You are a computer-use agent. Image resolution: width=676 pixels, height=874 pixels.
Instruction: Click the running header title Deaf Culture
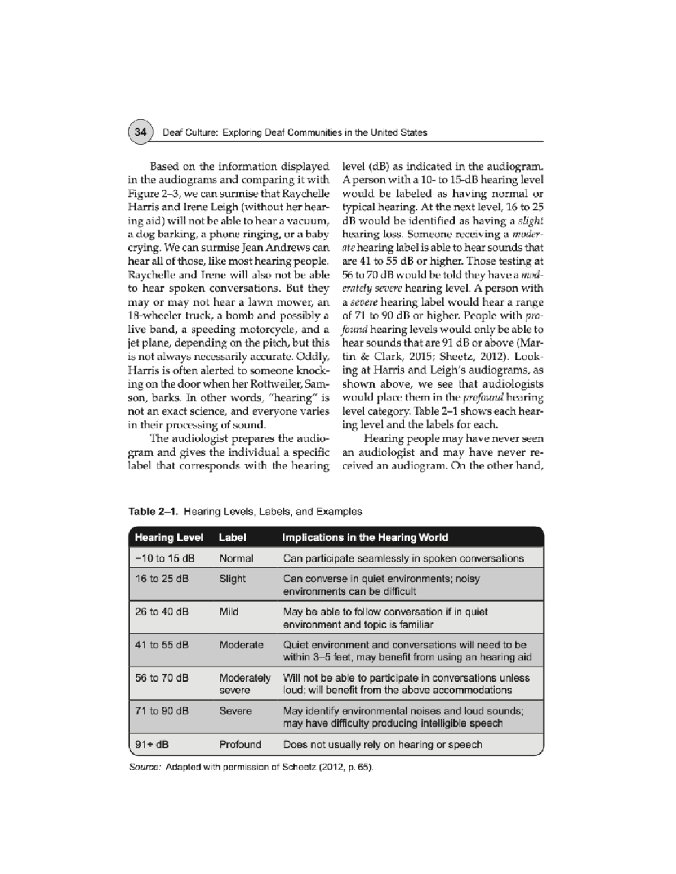(295, 133)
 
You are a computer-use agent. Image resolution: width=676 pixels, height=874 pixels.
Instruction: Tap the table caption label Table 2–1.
(153, 512)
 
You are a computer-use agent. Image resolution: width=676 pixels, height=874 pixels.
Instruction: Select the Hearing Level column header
(168, 537)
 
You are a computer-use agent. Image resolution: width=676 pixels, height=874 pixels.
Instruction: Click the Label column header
(232, 537)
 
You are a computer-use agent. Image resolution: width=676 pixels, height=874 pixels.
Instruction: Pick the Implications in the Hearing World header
(365, 537)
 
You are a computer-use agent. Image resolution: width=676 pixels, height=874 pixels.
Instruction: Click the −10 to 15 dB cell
(164, 558)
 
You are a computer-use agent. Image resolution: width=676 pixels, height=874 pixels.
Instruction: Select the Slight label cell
(232, 579)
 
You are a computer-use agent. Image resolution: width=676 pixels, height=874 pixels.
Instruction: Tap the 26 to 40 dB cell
(162, 612)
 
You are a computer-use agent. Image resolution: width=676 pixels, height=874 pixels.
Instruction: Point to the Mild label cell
(229, 612)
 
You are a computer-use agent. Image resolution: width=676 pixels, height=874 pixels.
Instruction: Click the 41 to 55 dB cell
(162, 645)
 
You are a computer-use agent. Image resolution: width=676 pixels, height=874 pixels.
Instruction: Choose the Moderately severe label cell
(244, 684)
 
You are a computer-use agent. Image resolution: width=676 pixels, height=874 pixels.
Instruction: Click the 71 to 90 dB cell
(162, 711)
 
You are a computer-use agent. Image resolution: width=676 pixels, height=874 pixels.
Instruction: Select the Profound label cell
(240, 745)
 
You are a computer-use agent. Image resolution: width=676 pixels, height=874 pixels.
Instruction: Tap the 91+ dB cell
(152, 745)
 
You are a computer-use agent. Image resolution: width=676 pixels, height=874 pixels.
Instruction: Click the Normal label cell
(236, 558)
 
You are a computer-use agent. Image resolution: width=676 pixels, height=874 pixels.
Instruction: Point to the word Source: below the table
(145, 768)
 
